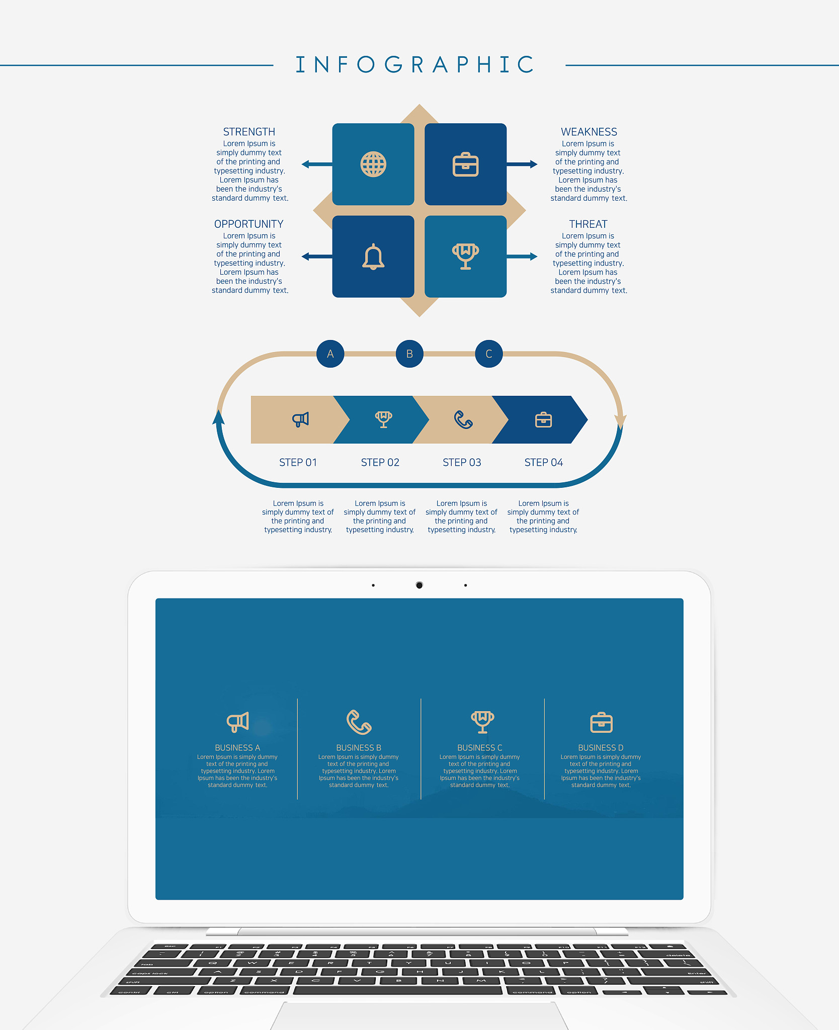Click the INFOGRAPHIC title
[x=415, y=64]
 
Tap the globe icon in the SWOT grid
[x=373, y=164]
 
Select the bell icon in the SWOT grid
[x=373, y=256]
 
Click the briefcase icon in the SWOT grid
[x=466, y=164]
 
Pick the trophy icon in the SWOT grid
[x=466, y=256]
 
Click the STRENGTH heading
[x=249, y=132]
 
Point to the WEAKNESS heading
[x=589, y=132]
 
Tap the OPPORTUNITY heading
[x=249, y=224]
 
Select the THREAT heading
[x=589, y=224]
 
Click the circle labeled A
[x=330, y=354]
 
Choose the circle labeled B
[x=409, y=354]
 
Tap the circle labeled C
[x=489, y=354]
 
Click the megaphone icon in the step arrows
[x=301, y=419]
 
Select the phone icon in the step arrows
[x=463, y=419]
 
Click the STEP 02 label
[x=380, y=462]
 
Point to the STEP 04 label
[x=544, y=462]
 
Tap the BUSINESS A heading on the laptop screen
[x=237, y=748]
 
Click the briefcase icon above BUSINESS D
[x=601, y=722]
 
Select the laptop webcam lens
[x=419, y=585]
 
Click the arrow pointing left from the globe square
[x=317, y=164]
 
